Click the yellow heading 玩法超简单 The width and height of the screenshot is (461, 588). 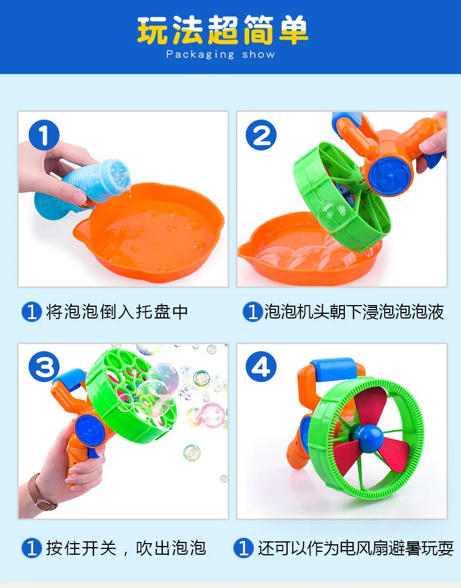pyautogui.click(x=222, y=30)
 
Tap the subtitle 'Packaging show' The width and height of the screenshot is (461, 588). pyautogui.click(x=220, y=54)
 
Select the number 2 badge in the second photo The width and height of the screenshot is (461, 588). pyautogui.click(x=261, y=135)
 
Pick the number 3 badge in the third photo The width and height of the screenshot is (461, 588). pyautogui.click(x=44, y=366)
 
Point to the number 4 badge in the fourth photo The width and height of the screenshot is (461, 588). pyautogui.click(x=261, y=367)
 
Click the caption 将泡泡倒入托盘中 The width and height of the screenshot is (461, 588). pyautogui.click(x=117, y=311)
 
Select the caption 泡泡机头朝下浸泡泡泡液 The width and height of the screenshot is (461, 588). pyautogui.click(x=354, y=311)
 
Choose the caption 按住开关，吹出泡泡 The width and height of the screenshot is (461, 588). pyautogui.click(x=125, y=548)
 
